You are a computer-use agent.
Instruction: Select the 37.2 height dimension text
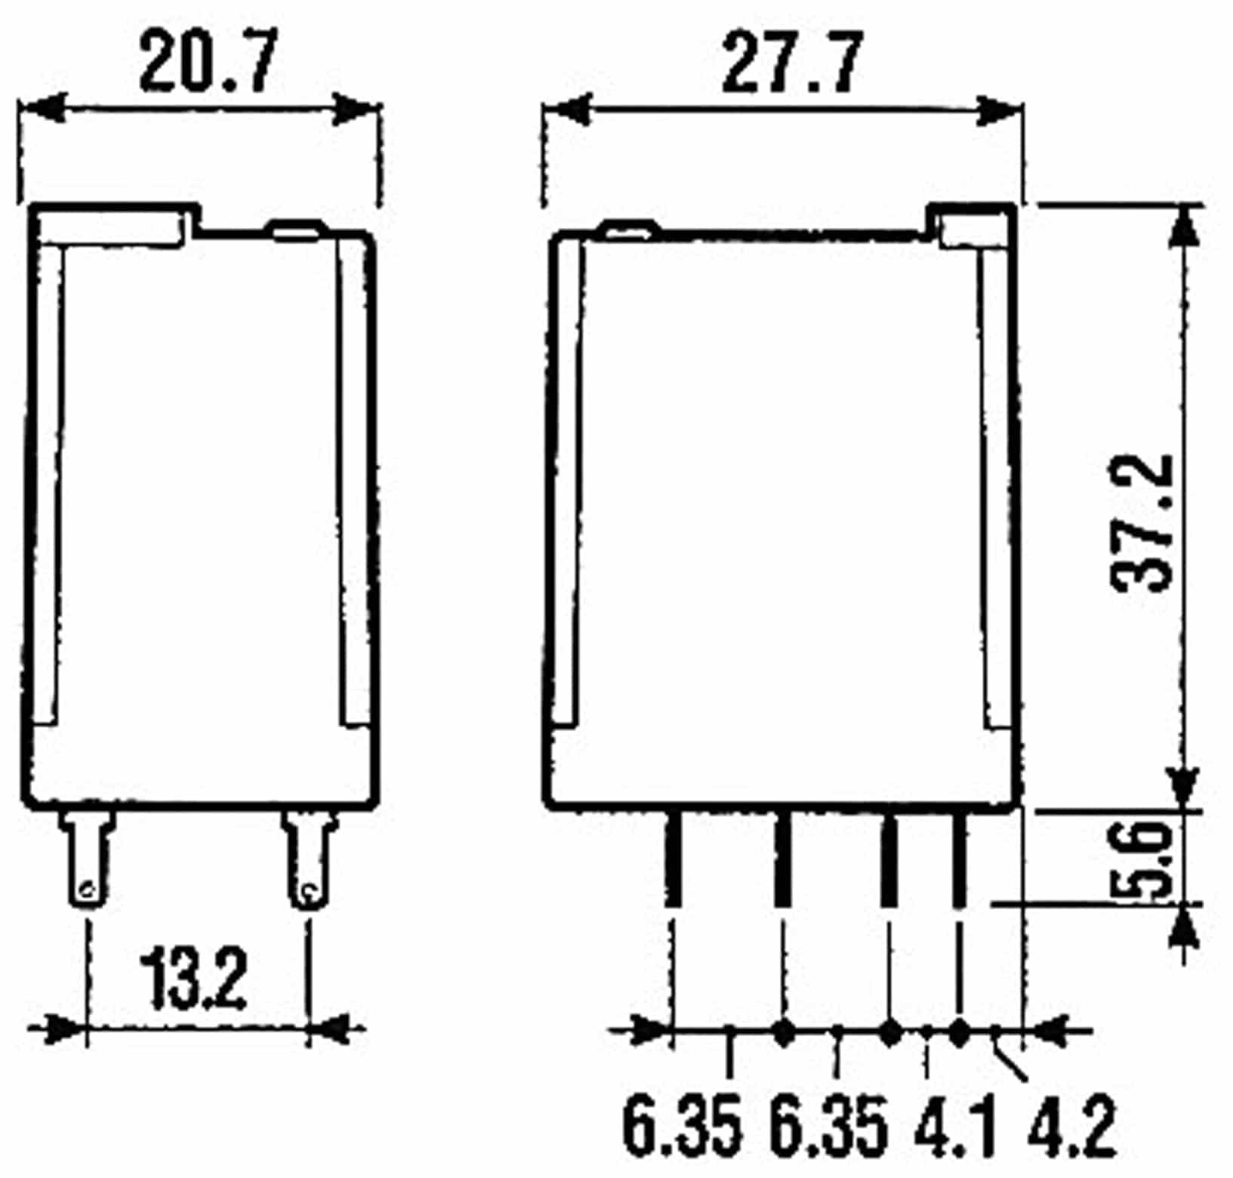click(x=1142, y=524)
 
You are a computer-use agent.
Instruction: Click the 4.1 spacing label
click(x=954, y=1130)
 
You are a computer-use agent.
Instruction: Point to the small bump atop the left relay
click(x=296, y=230)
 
